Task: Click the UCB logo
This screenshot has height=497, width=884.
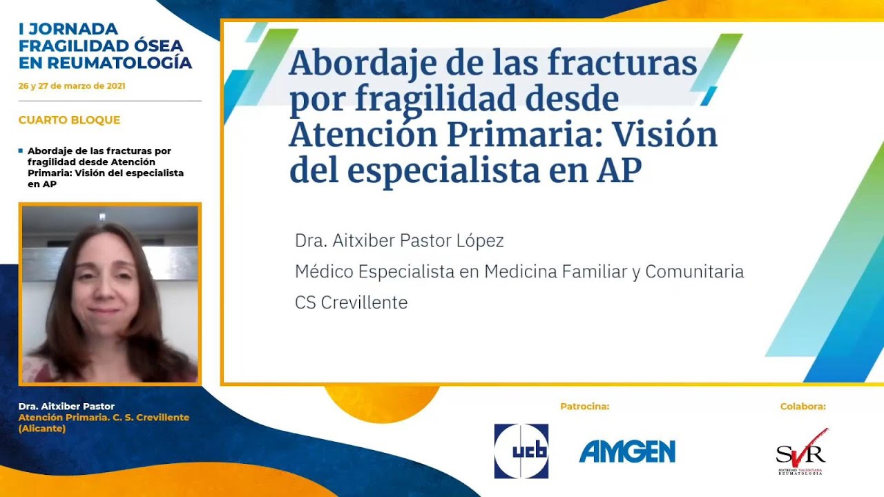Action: [521, 451]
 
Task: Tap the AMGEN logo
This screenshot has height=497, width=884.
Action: [627, 451]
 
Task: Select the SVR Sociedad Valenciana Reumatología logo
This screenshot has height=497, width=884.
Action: [801, 453]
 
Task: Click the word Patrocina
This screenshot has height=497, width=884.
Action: [584, 407]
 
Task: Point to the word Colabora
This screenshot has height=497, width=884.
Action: [803, 407]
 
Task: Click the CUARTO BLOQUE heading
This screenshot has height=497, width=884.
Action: [69, 120]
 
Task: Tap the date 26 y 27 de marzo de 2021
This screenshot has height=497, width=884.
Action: [72, 86]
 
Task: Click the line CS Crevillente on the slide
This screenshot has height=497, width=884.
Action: [351, 302]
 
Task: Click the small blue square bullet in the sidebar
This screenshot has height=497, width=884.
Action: [21, 150]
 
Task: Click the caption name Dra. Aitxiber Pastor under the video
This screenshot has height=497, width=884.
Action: [66, 407]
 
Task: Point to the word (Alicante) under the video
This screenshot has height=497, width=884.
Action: [42, 429]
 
